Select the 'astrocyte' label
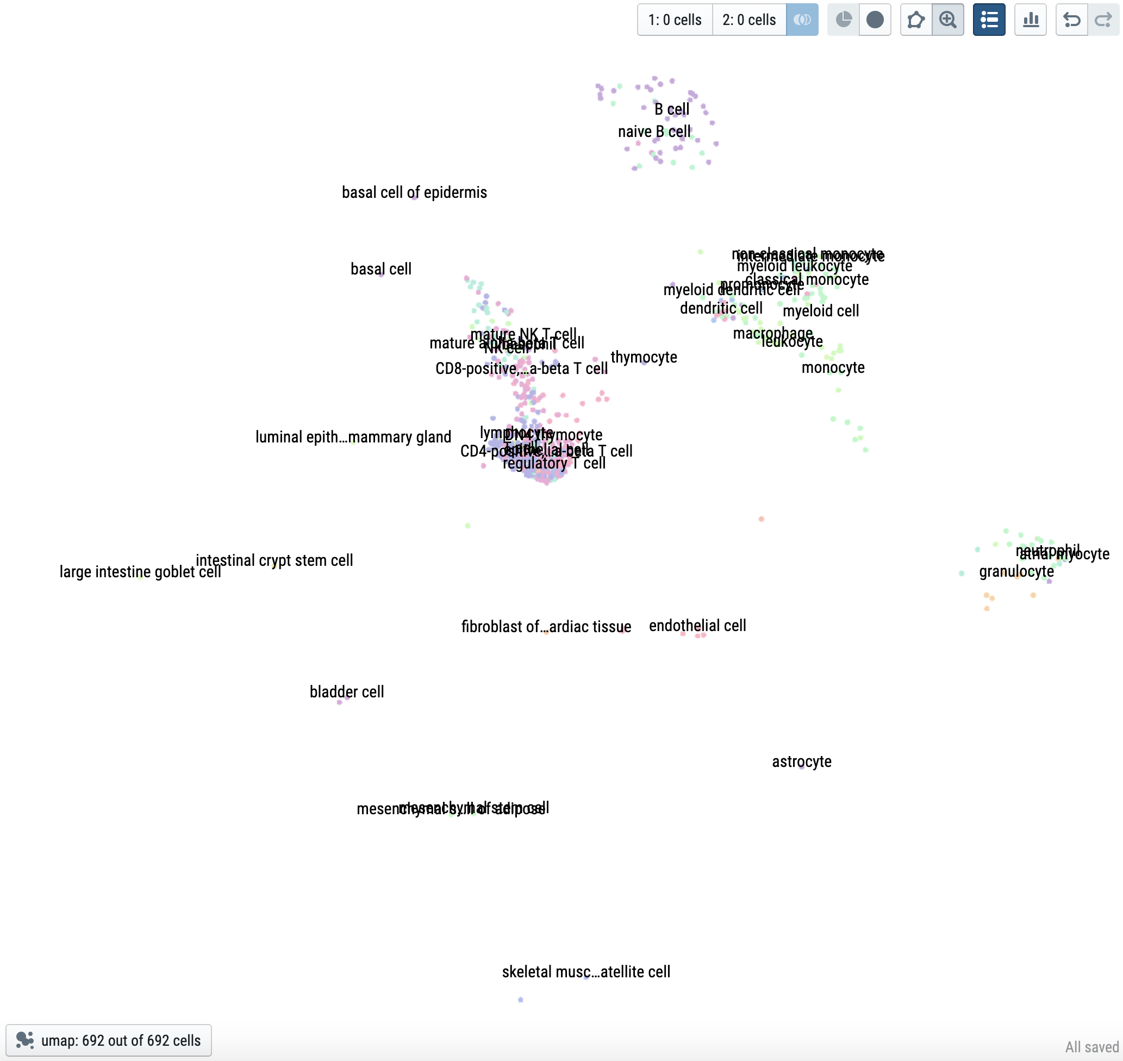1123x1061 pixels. [x=801, y=762]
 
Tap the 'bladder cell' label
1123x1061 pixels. [x=347, y=691]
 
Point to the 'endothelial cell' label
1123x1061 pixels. [x=697, y=625]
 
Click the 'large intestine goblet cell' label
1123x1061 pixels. [x=140, y=571]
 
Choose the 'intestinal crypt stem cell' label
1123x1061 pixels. [x=274, y=560]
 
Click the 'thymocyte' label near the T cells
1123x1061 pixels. [x=644, y=357]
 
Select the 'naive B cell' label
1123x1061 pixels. [x=654, y=131]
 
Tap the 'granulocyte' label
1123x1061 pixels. [x=1016, y=571]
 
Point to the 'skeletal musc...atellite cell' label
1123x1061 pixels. [x=586, y=972]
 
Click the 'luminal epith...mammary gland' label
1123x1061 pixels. [x=353, y=436]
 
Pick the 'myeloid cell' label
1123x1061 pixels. [x=820, y=310]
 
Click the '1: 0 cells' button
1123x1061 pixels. [x=675, y=20]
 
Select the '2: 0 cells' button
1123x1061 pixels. [x=748, y=20]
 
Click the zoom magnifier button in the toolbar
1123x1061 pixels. [x=948, y=20]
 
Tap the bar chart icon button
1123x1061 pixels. [x=1030, y=20]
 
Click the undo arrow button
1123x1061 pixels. [x=1071, y=20]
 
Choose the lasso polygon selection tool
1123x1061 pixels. [x=915, y=20]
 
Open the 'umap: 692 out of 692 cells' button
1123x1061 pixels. [x=109, y=1040]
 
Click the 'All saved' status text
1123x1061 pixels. [x=1091, y=1047]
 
